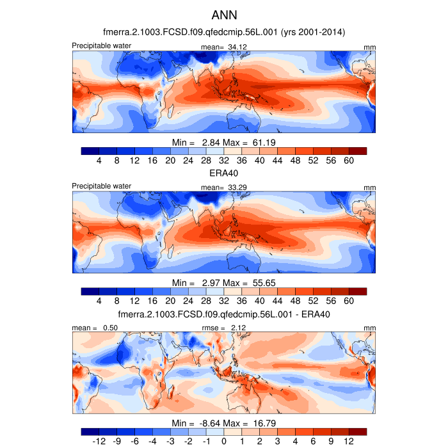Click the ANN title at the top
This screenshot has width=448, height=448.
coord(224,14)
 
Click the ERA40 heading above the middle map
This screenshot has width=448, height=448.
coord(224,173)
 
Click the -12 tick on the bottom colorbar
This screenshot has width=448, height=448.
coord(98,442)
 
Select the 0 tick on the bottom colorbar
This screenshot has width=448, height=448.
coord(224,442)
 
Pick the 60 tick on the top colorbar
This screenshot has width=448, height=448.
coord(349,161)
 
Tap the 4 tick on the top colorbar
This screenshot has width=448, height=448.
coord(99,161)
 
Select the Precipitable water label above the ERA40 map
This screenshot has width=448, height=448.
coord(102,186)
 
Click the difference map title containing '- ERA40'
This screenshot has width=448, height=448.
coord(224,314)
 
